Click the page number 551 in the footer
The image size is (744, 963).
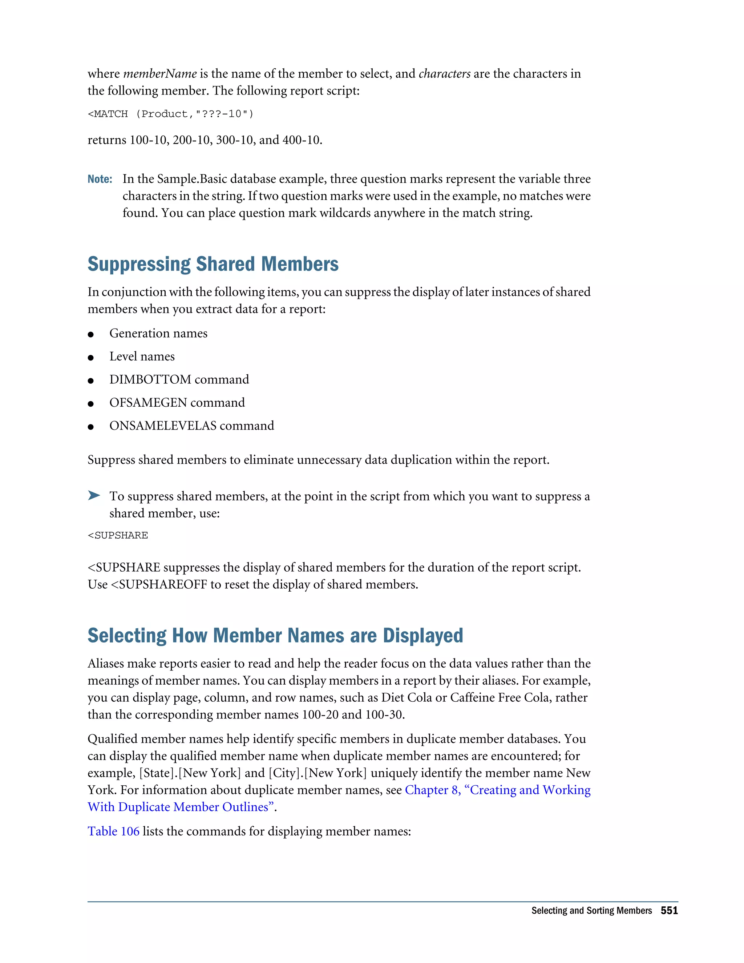tap(669, 911)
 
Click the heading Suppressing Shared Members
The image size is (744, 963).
tap(213, 264)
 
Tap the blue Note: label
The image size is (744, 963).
tap(100, 179)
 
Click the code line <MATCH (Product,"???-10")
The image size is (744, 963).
tap(171, 114)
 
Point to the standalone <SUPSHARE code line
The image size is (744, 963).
tap(118, 535)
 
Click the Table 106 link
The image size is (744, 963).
tap(113, 831)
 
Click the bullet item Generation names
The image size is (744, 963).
tap(158, 333)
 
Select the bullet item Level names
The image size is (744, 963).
tap(142, 356)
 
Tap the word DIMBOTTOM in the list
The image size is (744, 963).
tap(150, 380)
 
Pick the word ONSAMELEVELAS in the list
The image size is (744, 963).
tap(163, 426)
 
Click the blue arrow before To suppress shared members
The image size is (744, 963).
tap(94, 495)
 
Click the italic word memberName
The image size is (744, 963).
tap(159, 74)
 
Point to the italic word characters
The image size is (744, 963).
tap(444, 74)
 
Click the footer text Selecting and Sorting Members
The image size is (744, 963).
tap(591, 911)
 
